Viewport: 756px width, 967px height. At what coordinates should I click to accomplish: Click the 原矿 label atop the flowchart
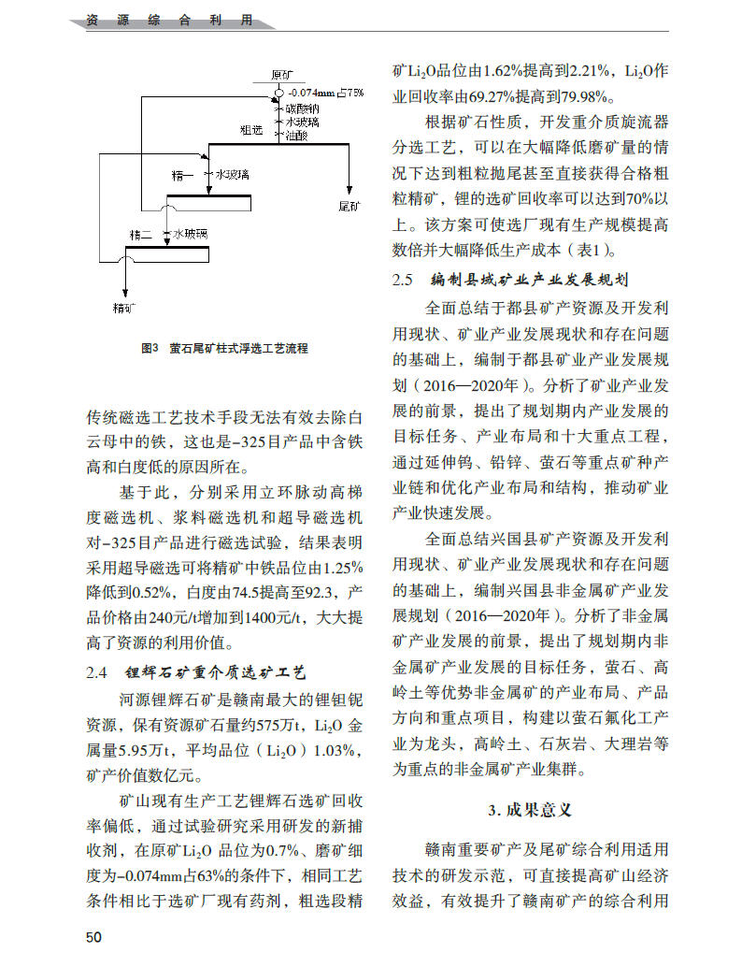[x=282, y=75]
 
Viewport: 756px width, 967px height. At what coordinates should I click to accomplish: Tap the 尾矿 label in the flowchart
[x=349, y=204]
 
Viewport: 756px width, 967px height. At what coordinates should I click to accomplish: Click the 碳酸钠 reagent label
[x=303, y=108]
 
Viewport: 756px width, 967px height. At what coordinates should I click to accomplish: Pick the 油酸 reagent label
[x=298, y=135]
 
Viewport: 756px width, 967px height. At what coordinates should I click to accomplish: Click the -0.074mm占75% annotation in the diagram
[x=325, y=93]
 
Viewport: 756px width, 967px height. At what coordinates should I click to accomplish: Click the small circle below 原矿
[x=278, y=93]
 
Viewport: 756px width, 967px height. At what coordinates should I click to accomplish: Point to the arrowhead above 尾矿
[x=349, y=188]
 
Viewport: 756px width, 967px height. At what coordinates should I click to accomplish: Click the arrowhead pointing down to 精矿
[x=124, y=291]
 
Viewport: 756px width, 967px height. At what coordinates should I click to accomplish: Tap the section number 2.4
[x=97, y=672]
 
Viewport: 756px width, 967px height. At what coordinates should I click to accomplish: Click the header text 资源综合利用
[x=168, y=21]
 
